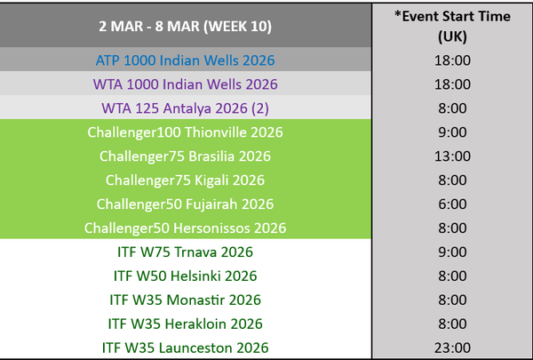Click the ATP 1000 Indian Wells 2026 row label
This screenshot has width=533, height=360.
[186, 60]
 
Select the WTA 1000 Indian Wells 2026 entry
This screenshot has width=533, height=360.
[186, 84]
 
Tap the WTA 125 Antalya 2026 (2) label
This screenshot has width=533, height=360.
[186, 108]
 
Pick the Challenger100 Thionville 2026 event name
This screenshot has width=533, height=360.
[186, 132]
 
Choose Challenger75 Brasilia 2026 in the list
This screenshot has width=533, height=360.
[186, 156]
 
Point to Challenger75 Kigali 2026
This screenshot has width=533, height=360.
[186, 180]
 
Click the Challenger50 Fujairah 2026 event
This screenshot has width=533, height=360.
[186, 204]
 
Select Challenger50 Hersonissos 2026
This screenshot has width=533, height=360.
[186, 228]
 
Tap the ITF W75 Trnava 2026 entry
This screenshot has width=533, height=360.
[186, 252]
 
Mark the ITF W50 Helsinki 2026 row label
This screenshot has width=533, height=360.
[186, 276]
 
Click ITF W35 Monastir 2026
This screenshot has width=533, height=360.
[186, 300]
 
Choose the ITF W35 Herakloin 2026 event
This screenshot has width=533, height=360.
[186, 324]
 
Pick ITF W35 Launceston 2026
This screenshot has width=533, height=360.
[186, 348]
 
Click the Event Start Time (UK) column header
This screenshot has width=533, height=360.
[452, 26]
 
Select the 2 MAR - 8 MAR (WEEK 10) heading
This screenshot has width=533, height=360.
[186, 26]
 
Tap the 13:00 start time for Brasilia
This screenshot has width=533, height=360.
[452, 156]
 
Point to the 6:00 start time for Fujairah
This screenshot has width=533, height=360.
[452, 204]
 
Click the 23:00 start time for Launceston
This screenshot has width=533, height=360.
[452, 348]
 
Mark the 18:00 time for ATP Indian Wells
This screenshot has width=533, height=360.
[452, 60]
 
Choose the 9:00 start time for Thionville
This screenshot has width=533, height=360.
[452, 132]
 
